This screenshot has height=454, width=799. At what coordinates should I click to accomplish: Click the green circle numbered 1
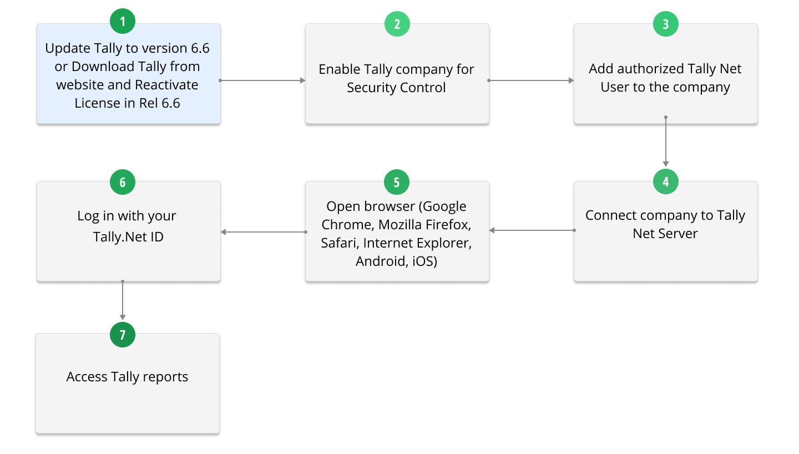click(122, 22)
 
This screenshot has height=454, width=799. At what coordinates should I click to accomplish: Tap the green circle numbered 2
click(397, 24)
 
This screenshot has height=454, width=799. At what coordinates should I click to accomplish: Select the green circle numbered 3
click(666, 24)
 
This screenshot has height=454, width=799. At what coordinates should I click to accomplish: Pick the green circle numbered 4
click(666, 181)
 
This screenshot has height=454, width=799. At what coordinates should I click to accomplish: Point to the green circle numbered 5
click(397, 182)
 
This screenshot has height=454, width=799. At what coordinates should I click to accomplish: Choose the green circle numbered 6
click(122, 182)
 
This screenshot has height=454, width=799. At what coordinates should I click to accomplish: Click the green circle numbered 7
click(122, 335)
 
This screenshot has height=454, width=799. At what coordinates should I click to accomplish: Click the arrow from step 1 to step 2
click(262, 80)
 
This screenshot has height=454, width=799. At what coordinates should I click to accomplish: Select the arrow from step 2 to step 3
click(531, 80)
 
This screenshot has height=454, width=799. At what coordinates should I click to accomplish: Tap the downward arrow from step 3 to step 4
click(666, 142)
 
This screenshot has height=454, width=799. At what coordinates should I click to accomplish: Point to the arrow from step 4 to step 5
click(532, 230)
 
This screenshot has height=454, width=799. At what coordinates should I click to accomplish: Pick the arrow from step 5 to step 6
click(264, 232)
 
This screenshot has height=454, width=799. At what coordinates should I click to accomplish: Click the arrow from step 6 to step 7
click(122, 300)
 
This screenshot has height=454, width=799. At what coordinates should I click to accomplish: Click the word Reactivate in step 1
click(166, 85)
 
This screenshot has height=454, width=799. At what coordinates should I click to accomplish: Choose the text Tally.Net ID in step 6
click(128, 237)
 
